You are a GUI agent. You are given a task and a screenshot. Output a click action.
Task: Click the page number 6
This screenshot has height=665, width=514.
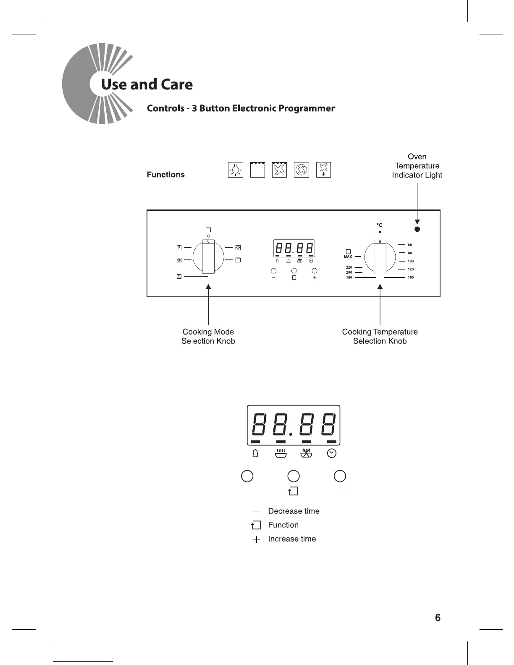[438, 618]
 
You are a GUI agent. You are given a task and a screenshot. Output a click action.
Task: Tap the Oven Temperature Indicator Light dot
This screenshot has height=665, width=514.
[417, 229]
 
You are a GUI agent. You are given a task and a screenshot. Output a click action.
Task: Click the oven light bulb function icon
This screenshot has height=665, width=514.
[236, 170]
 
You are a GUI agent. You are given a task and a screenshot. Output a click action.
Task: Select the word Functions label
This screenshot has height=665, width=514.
[165, 175]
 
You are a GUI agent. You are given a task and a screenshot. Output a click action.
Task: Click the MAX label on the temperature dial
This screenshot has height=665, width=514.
[348, 257]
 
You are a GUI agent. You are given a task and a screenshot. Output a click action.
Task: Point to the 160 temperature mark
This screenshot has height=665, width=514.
[410, 278]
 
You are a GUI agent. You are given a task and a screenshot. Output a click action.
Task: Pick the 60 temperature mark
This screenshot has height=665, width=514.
[410, 245]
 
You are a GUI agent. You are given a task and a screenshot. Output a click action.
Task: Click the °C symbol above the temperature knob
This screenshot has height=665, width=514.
[380, 225]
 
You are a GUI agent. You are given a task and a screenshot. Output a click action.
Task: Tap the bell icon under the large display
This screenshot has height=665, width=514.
[255, 453]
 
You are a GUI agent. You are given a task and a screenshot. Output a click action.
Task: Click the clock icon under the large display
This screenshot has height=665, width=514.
[332, 453]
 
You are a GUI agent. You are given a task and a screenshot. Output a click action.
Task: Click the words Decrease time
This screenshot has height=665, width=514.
[294, 511]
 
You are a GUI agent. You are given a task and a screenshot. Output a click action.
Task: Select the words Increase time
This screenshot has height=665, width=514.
[292, 539]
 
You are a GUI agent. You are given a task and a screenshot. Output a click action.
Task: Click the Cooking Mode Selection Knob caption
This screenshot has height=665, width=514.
[208, 336]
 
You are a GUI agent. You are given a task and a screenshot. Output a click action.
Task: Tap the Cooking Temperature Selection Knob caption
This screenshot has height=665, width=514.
[380, 336]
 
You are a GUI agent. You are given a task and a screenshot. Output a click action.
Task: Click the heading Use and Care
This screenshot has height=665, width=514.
[147, 84]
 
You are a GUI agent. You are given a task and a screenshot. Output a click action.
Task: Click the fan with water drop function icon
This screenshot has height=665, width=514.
[323, 170]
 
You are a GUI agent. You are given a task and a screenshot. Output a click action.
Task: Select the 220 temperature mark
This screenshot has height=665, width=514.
[349, 267]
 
